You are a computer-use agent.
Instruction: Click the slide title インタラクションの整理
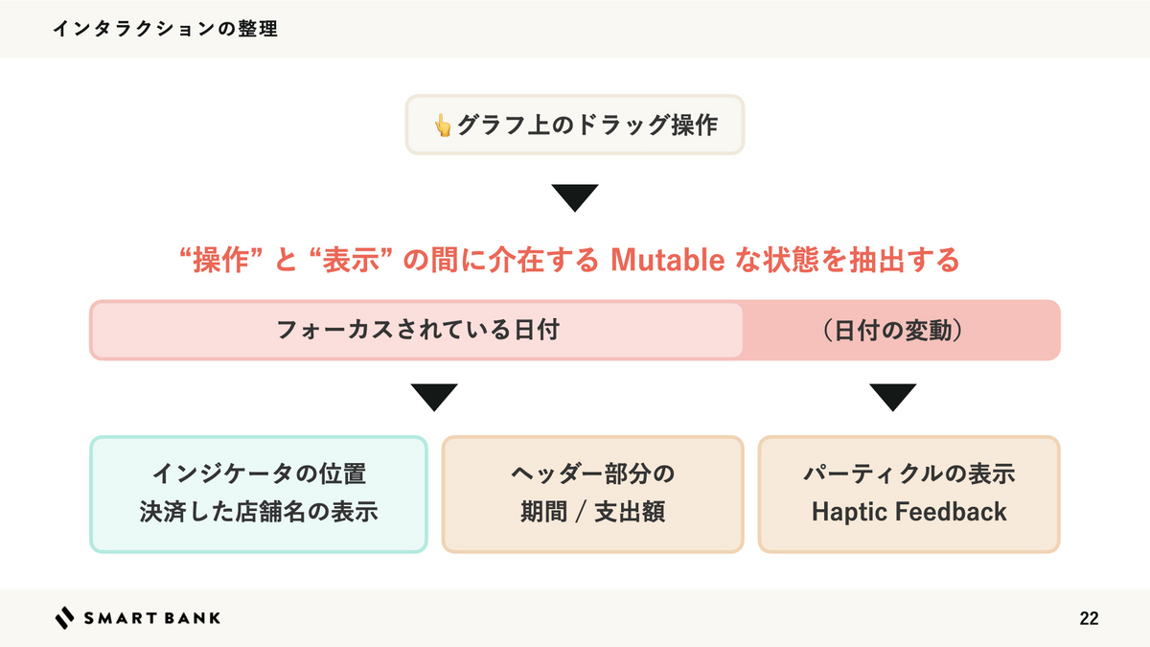[x=165, y=29]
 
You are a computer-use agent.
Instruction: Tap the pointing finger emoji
[x=442, y=126]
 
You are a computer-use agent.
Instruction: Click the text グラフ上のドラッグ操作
[x=587, y=125]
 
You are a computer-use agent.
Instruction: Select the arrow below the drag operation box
[x=575, y=197]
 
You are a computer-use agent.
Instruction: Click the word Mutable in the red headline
[x=667, y=260]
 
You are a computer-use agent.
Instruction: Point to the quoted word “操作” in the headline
[x=220, y=260]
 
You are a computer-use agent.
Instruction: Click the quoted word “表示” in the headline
[x=352, y=260]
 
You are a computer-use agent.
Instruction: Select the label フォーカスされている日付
[x=418, y=330]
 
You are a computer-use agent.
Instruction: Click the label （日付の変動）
[x=893, y=330]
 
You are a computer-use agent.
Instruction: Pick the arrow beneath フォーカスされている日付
[x=434, y=398]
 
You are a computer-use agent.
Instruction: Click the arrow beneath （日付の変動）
[x=893, y=398]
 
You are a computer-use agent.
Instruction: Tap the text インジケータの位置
[x=260, y=474]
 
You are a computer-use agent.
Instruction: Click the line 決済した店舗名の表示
[x=259, y=512]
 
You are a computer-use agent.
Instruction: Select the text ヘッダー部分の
[x=592, y=474]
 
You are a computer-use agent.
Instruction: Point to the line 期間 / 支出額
[x=593, y=512]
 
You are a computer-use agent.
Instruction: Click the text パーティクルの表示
[x=909, y=474]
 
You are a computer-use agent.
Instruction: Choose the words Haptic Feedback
[x=909, y=512]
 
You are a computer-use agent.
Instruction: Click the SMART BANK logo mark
[x=64, y=617]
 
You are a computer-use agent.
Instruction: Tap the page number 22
[x=1089, y=618]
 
